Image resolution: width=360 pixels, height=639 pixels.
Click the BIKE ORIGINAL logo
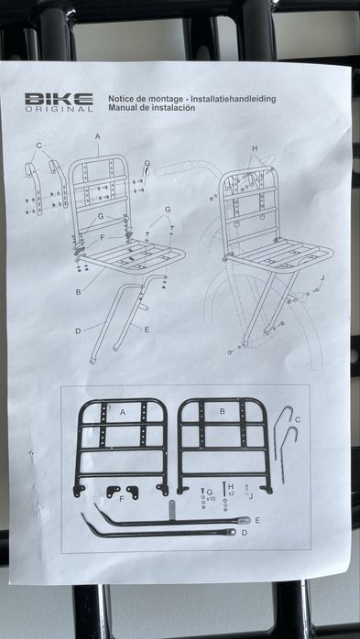click(59, 102)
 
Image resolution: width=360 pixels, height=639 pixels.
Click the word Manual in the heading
click(123, 108)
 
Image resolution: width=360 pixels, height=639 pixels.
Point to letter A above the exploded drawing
click(98, 136)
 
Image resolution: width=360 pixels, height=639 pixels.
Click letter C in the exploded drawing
click(39, 145)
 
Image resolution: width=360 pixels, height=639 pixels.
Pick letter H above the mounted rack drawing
click(255, 148)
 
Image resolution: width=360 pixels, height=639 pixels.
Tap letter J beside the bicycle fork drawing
click(322, 278)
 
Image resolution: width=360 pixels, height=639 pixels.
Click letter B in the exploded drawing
click(78, 292)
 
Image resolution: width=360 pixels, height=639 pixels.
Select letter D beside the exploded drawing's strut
click(78, 330)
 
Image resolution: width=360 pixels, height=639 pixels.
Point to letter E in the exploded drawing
click(147, 330)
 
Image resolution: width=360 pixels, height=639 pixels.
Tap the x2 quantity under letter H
click(232, 493)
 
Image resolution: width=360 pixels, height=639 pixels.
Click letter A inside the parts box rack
click(123, 412)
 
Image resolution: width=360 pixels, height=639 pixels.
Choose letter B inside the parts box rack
click(223, 411)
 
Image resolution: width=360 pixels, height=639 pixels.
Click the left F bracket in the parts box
click(113, 492)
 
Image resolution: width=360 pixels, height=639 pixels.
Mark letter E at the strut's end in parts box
click(257, 520)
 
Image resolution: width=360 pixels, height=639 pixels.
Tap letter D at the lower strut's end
click(245, 533)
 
